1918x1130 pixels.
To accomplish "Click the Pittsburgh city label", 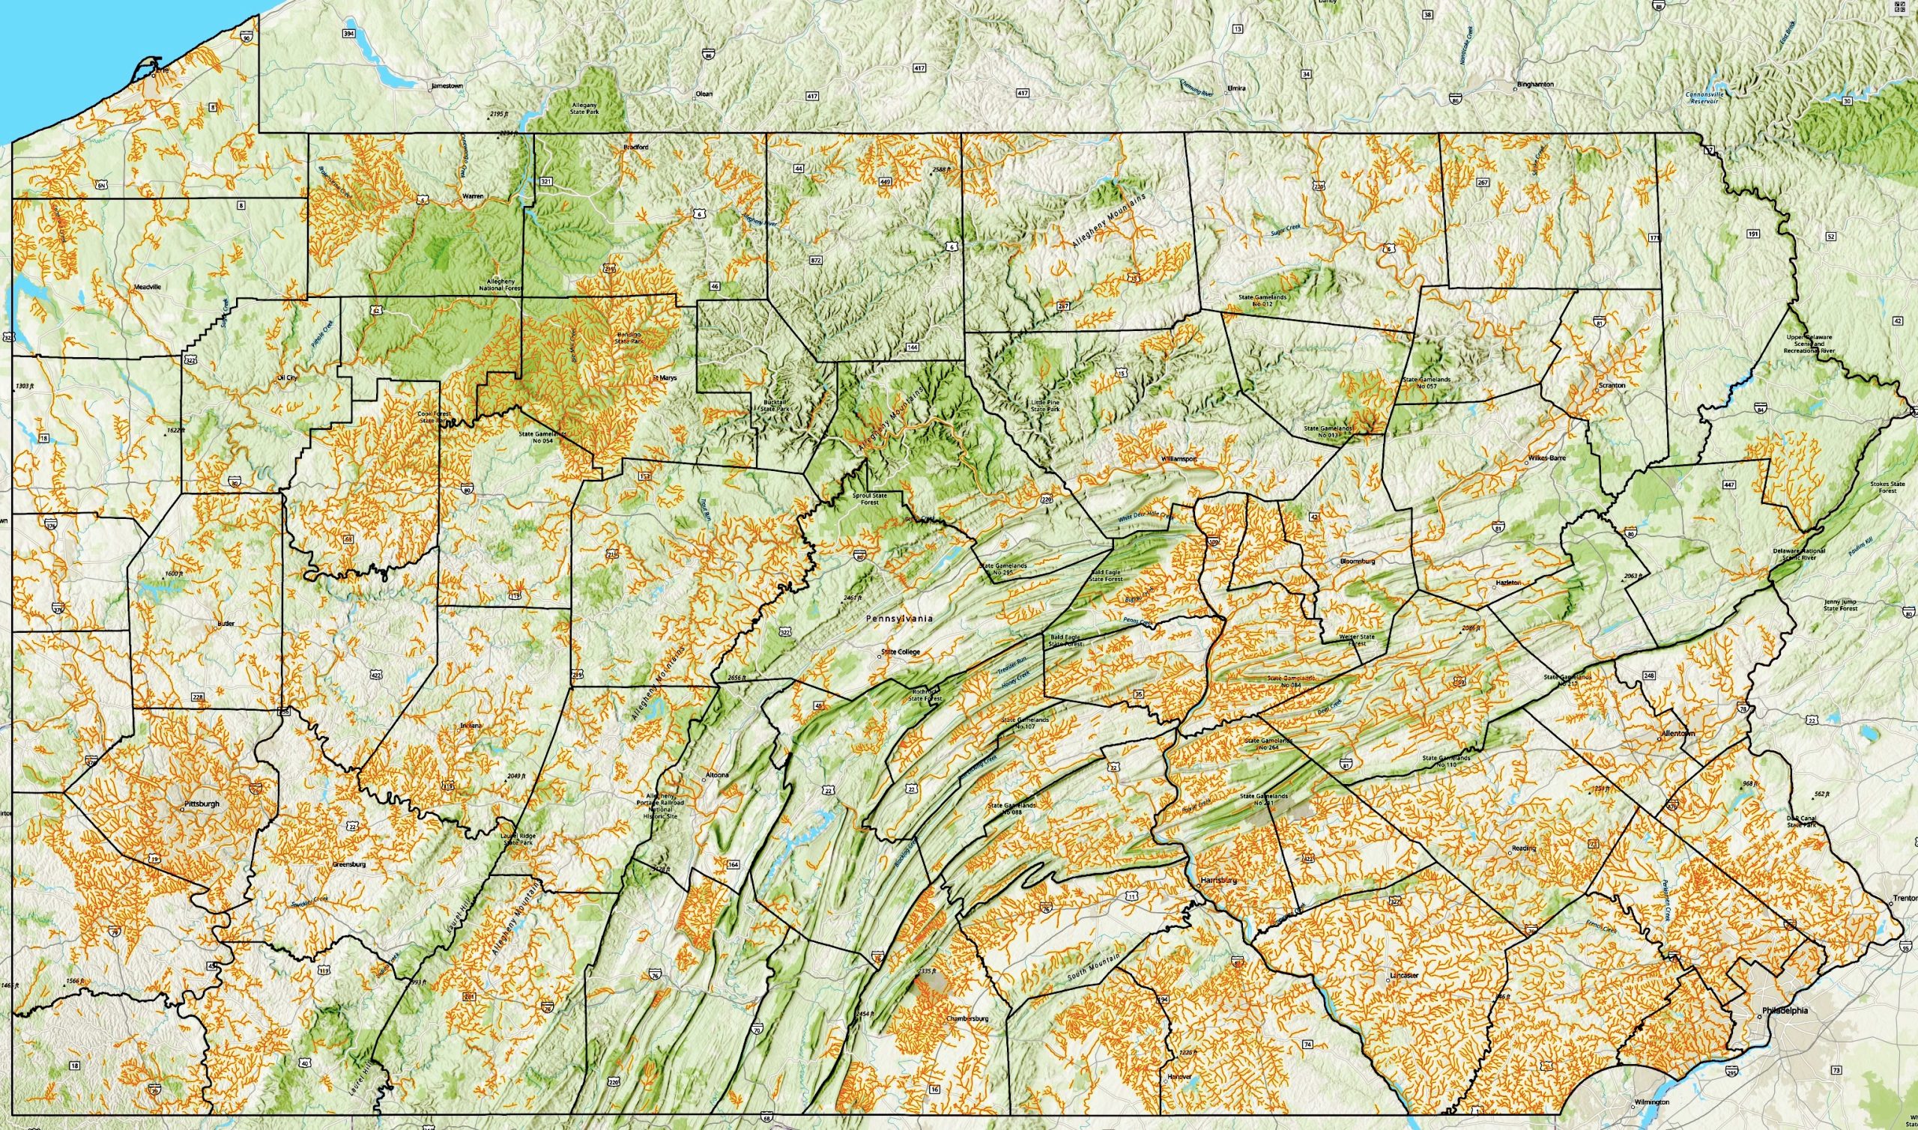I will coord(201,804).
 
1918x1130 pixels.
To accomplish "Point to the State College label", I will coord(901,651).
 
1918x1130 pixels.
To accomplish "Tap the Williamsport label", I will coord(1180,460).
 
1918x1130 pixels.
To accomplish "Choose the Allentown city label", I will coord(1678,734).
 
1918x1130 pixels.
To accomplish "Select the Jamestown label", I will coord(447,86).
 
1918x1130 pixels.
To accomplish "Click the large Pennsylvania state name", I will coord(900,619).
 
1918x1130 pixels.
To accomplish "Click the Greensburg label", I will coord(350,865).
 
